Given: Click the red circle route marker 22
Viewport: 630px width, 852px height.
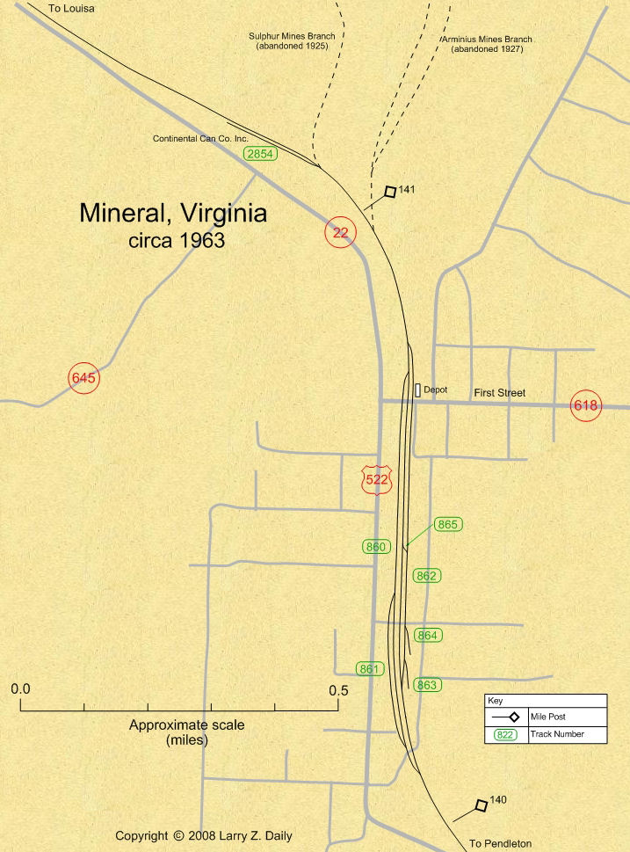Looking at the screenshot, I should (x=341, y=232).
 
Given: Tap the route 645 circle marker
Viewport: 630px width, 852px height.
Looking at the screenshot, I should (x=84, y=378).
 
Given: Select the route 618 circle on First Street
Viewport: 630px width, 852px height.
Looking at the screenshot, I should (x=586, y=405).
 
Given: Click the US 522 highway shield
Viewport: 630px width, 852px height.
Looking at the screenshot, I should (x=376, y=479).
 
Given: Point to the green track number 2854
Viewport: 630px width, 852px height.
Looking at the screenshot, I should (x=261, y=154).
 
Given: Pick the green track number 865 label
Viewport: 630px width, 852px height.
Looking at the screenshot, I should (x=448, y=524).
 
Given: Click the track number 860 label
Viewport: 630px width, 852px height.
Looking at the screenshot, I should (x=376, y=547).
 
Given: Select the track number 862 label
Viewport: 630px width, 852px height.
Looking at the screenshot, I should (x=427, y=576).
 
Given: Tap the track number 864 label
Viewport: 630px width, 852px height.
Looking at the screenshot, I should (x=428, y=635).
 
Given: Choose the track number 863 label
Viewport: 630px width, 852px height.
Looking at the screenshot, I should (x=427, y=684).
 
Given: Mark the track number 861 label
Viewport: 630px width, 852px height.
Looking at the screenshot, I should (x=370, y=669).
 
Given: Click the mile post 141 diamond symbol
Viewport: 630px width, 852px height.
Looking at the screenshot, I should (x=390, y=192).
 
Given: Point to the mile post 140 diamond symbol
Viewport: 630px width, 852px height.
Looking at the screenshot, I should (x=481, y=805).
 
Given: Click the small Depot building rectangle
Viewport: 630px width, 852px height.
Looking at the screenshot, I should (x=417, y=390).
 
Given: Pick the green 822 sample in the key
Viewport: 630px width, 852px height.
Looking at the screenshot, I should (x=505, y=734).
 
